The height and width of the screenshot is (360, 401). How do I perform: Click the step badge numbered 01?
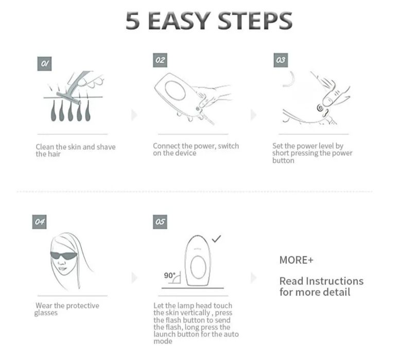44,64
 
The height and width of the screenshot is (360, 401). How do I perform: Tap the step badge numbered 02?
160,60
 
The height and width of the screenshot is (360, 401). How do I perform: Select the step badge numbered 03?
281,60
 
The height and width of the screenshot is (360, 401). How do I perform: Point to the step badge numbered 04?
40,222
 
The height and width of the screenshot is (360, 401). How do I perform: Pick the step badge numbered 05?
160,222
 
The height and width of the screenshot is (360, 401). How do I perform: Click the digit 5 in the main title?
133,21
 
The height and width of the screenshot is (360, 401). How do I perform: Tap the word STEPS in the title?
255,21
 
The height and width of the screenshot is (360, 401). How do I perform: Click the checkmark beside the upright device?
216,239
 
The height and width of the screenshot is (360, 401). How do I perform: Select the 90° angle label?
169,276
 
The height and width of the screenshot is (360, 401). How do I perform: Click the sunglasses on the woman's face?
63,256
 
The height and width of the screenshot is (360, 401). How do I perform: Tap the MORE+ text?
296,260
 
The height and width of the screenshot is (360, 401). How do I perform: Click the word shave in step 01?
106,147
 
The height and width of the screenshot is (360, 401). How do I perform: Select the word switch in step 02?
229,146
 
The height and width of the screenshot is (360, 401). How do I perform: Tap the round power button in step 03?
320,108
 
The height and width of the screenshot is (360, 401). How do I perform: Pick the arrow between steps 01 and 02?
134,115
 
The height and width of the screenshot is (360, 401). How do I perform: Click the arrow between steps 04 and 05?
134,278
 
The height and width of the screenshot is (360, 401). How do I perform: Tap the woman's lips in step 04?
62,269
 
